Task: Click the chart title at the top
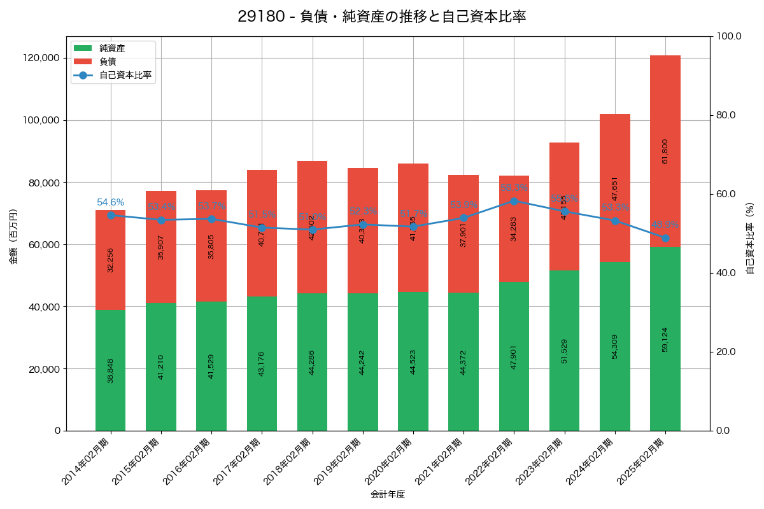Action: click(382, 17)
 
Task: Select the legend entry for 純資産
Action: click(112, 48)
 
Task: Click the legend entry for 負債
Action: click(108, 62)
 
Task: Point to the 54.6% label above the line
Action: click(110, 202)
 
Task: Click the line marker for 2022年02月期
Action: click(514, 201)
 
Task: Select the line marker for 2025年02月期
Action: click(665, 238)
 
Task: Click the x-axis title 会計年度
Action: click(388, 494)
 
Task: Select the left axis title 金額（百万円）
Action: click(13, 237)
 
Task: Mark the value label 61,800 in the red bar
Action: click(665, 151)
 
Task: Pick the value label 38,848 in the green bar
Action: click(110, 370)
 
